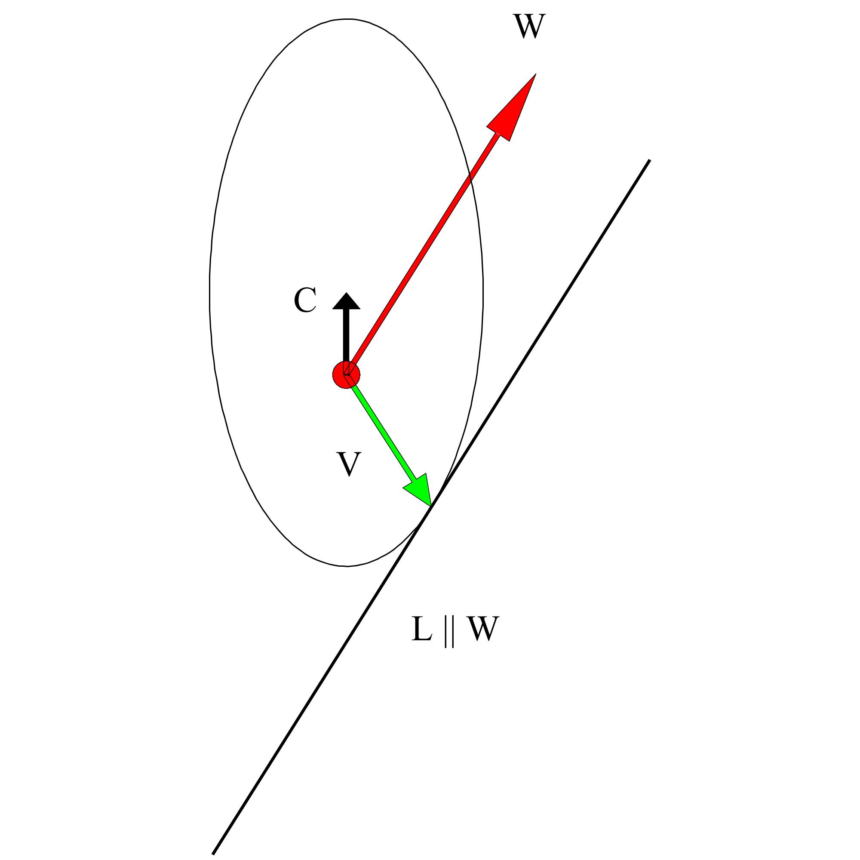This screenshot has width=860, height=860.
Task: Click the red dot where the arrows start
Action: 345,375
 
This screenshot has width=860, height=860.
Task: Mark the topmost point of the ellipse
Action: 347,19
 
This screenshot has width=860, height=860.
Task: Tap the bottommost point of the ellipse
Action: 346,566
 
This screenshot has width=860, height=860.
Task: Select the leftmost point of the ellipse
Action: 210,292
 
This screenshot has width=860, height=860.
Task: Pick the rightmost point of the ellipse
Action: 483,292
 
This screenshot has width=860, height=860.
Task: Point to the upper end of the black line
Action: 649,160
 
